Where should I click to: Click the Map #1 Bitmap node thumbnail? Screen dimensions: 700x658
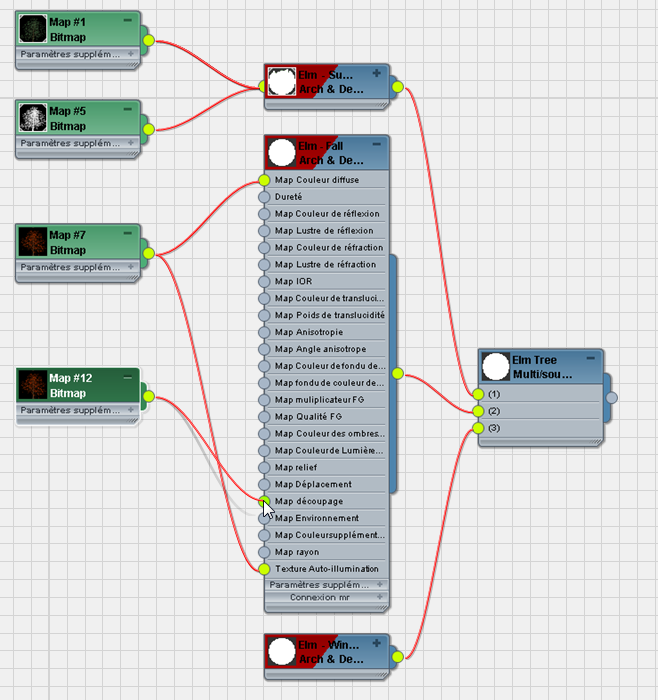(x=33, y=29)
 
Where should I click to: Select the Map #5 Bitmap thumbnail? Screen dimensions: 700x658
(x=33, y=118)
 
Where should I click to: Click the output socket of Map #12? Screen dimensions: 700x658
(x=148, y=397)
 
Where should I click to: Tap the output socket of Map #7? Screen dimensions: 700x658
(x=148, y=254)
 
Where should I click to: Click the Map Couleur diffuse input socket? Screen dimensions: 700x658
(x=264, y=180)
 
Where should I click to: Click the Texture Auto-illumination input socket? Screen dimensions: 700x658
(x=264, y=569)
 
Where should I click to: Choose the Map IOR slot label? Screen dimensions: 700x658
(x=293, y=282)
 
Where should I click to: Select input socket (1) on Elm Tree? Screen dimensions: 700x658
(x=478, y=394)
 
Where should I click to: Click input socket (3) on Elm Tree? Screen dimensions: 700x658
(x=478, y=428)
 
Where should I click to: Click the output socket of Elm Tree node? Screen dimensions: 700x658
(x=612, y=398)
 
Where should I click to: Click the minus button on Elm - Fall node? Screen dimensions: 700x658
(x=377, y=145)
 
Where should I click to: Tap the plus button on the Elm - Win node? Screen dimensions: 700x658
(x=377, y=642)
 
